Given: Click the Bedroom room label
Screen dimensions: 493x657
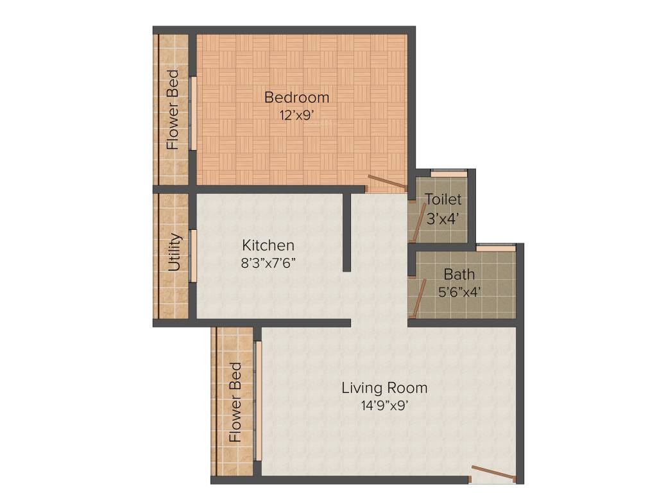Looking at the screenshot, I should (x=297, y=98).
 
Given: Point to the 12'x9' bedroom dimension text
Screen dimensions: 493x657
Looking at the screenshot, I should (x=297, y=116).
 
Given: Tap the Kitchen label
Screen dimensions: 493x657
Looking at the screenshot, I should (x=268, y=245).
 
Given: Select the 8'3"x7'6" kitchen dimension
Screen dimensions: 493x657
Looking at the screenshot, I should (x=268, y=263).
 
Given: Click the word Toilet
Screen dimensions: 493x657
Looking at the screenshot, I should (x=443, y=200).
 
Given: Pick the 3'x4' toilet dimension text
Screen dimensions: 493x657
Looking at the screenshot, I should (x=443, y=218).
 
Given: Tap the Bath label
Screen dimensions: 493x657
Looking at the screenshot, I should (x=459, y=275).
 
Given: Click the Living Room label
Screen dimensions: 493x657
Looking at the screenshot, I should (x=384, y=388).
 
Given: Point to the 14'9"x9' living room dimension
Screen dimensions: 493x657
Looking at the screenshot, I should (x=384, y=405).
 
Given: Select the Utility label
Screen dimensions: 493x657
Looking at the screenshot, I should (x=175, y=252).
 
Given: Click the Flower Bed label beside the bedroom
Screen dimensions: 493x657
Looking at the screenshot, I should (x=173, y=110).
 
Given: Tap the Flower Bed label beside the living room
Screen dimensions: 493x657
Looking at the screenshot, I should (x=235, y=402).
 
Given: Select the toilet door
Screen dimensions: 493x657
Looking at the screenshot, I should (x=418, y=221).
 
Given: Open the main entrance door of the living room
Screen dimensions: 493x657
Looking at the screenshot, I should (x=493, y=473).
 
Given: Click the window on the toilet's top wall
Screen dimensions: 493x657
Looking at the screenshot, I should (x=448, y=172).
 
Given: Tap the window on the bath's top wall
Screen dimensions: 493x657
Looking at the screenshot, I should (x=495, y=247).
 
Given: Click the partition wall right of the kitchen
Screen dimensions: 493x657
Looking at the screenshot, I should (x=346, y=232).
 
